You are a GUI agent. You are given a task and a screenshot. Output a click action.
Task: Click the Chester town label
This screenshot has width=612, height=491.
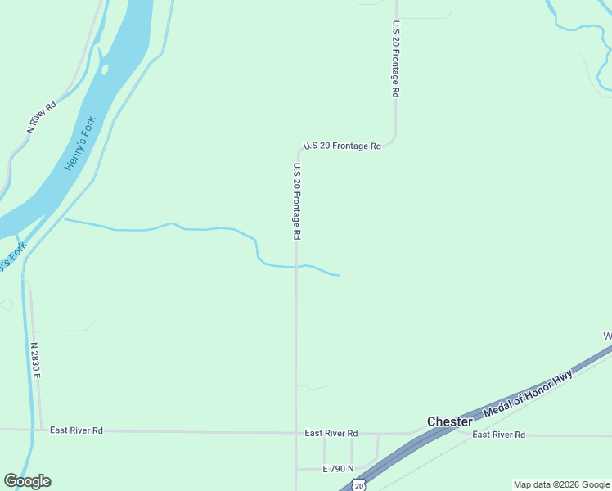pos(449,421)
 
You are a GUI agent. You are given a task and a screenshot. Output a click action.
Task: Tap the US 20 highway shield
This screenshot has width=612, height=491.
pos(359,485)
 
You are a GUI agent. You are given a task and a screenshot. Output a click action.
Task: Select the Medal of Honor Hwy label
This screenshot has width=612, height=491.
pos(528,392)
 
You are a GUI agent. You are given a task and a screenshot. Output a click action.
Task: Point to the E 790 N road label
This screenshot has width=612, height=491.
pos(338,469)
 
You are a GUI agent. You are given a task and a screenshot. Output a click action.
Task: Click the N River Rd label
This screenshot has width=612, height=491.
pos(42,117)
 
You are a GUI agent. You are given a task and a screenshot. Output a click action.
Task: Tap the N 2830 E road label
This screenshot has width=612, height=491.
pos(36,360)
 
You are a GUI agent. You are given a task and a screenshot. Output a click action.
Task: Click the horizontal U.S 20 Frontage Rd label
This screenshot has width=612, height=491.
pos(342,146)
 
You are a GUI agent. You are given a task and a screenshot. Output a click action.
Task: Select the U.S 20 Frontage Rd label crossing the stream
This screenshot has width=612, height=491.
pos(297,201)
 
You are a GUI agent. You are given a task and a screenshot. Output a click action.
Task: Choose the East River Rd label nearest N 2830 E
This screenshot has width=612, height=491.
pos(76,430)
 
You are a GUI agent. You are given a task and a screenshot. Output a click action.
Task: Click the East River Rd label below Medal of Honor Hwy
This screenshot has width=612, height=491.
pos(498,435)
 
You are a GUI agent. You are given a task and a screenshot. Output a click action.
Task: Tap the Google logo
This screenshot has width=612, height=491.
pos(27,481)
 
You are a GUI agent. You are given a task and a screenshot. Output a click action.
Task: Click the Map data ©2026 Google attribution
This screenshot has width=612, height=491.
pos(561,484)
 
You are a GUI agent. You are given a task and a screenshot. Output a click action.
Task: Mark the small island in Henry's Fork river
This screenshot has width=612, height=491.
pos(104,69)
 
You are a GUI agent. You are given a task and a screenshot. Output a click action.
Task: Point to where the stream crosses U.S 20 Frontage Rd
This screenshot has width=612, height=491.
pos(296,267)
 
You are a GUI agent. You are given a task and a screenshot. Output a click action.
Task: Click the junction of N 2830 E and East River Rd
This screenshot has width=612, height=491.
pos(40,430)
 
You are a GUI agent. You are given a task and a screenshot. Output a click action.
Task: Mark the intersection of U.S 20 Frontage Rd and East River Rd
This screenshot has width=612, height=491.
pos(296,433)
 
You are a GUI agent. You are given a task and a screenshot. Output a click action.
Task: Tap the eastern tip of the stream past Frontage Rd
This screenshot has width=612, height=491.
pos(338,276)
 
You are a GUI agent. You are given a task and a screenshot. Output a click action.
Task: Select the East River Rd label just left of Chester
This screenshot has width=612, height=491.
pos(331,433)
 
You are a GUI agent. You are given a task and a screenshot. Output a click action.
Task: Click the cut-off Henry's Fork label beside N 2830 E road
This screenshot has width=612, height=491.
pos(9,261)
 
